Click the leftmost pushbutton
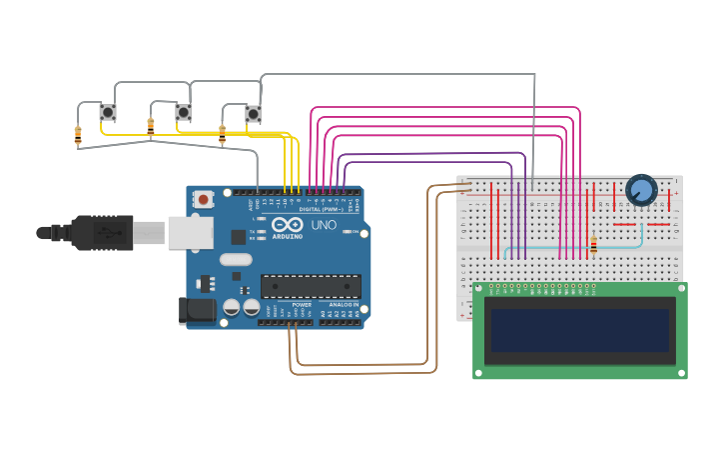tap(108, 113)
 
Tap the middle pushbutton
tap(184, 112)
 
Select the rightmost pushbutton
tap(253, 114)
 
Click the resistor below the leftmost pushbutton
tap(78, 135)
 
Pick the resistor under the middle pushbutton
tap(151, 127)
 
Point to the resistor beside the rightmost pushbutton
tap(222, 134)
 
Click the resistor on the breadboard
tap(593, 245)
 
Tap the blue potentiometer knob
tap(641, 189)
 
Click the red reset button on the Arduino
tap(204, 199)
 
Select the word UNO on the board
tap(324, 225)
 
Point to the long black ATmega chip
tap(310, 286)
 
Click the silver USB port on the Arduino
tap(190, 232)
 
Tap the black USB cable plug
tap(100, 233)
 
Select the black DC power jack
tap(197, 310)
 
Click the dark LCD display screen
tap(579, 330)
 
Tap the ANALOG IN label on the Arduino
tap(344, 304)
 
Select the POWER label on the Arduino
tap(302, 304)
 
